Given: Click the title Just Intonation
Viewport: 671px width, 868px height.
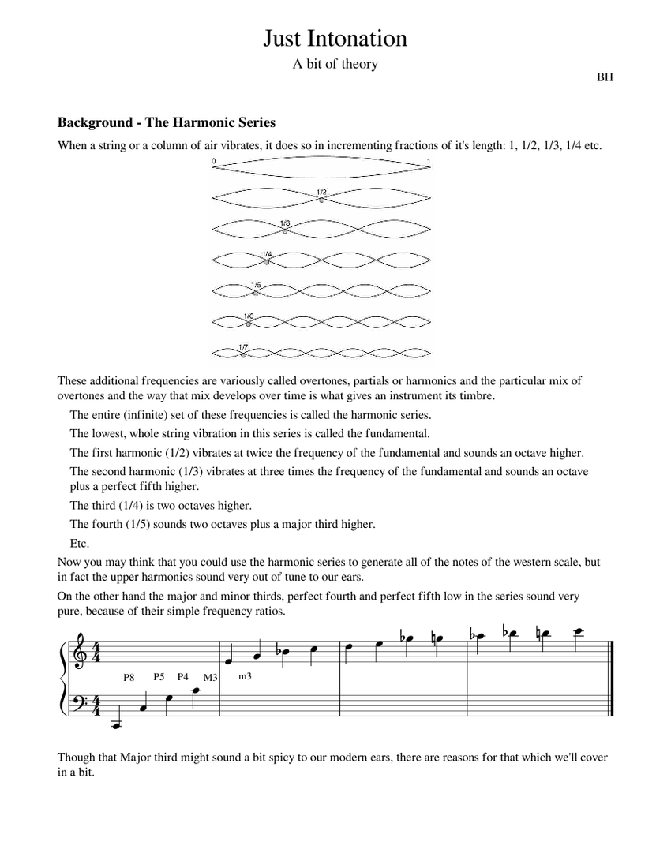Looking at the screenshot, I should point(335,39).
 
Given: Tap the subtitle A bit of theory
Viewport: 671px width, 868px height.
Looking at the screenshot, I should point(335,65).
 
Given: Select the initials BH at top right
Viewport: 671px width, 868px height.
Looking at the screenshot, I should point(605,77).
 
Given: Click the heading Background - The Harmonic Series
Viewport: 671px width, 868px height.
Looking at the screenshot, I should point(166,122).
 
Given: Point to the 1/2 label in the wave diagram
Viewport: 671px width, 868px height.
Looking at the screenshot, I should point(321,193).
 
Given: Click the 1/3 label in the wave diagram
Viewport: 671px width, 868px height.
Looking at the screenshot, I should point(285,223).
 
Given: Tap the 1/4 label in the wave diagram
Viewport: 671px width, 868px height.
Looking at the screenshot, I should point(267,254).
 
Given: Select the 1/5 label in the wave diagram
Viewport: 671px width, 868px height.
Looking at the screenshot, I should point(256,285).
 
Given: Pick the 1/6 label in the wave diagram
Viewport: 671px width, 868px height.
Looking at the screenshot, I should point(248,316).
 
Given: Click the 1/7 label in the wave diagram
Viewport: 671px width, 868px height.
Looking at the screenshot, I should point(243,346).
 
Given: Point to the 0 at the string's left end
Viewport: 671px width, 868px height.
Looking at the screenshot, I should point(213,161).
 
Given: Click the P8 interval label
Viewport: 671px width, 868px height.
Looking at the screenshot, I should point(130,676).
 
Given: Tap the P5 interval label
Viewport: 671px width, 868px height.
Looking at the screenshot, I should point(159,676).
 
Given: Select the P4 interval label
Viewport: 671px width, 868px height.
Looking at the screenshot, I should point(183,676).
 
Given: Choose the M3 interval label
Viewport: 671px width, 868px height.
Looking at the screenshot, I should point(209,678).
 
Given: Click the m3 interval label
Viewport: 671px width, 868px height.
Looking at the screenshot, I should point(245,675).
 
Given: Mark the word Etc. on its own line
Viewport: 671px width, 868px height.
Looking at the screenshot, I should point(80,544).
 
